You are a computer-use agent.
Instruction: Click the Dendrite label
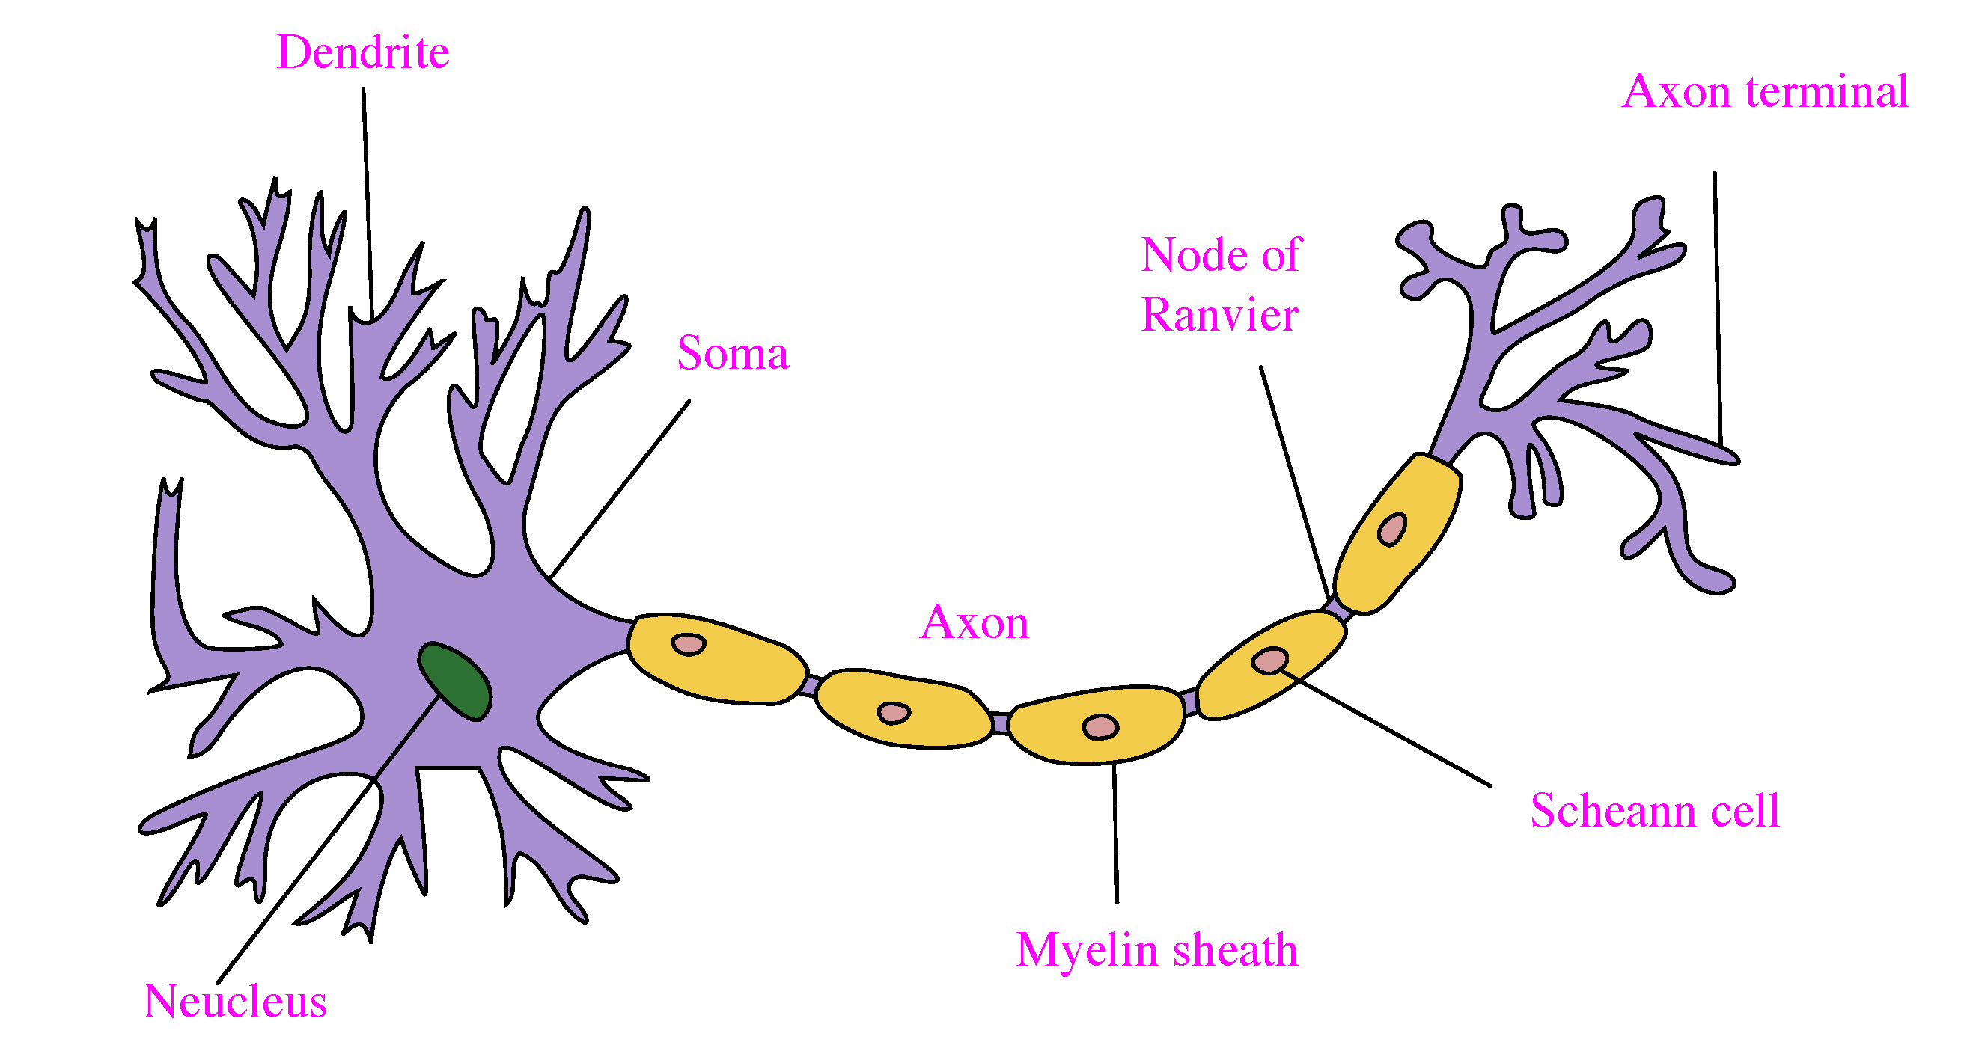pyautogui.click(x=363, y=52)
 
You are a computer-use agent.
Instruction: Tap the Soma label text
pyautogui.click(x=733, y=353)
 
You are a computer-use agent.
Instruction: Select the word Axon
pyautogui.click(x=975, y=622)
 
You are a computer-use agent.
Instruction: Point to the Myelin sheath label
pyautogui.click(x=1157, y=952)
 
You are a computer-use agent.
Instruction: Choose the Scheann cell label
pyautogui.click(x=1655, y=810)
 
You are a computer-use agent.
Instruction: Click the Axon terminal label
pyautogui.click(x=1766, y=91)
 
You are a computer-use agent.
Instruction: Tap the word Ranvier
pyautogui.click(x=1219, y=315)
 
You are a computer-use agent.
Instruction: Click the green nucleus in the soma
pyautogui.click(x=455, y=681)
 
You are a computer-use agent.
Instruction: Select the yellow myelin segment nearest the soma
pyautogui.click(x=716, y=659)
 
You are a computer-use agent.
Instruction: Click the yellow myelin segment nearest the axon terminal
pyautogui.click(x=1397, y=533)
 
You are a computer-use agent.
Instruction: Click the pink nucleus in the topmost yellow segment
pyautogui.click(x=1392, y=529)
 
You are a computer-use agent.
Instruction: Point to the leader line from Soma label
pyautogui.click(x=619, y=490)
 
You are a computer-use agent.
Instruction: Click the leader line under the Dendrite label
pyautogui.click(x=368, y=204)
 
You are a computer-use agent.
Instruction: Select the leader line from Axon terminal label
pyautogui.click(x=1718, y=310)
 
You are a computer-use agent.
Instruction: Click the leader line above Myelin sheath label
pyautogui.click(x=1116, y=833)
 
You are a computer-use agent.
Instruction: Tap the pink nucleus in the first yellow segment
pyautogui.click(x=688, y=645)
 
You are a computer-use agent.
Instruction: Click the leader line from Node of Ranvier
pyautogui.click(x=1294, y=483)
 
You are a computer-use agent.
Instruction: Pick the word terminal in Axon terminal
pyautogui.click(x=1827, y=91)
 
